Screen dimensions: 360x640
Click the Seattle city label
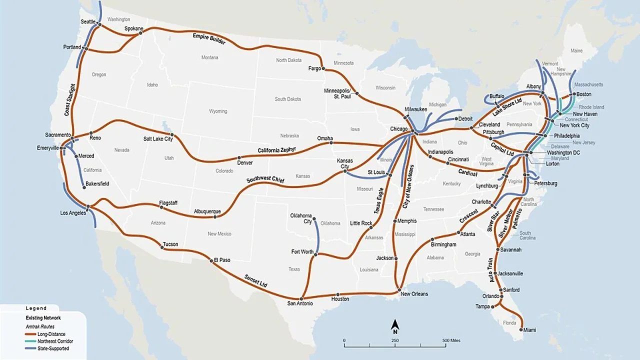(x=88, y=21)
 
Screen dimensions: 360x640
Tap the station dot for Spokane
(x=140, y=33)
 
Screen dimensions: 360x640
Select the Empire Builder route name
(x=209, y=39)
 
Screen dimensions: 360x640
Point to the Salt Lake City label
(x=158, y=138)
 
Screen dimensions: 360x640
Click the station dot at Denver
(x=239, y=157)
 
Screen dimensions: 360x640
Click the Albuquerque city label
(x=207, y=211)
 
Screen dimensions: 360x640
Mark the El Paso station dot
(x=211, y=260)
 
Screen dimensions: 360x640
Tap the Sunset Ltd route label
(x=255, y=280)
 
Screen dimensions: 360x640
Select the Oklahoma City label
(x=301, y=219)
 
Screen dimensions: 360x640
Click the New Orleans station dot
(x=399, y=290)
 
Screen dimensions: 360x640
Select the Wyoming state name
(x=218, y=111)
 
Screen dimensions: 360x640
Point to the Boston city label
(x=583, y=94)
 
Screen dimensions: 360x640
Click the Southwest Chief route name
(x=265, y=180)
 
